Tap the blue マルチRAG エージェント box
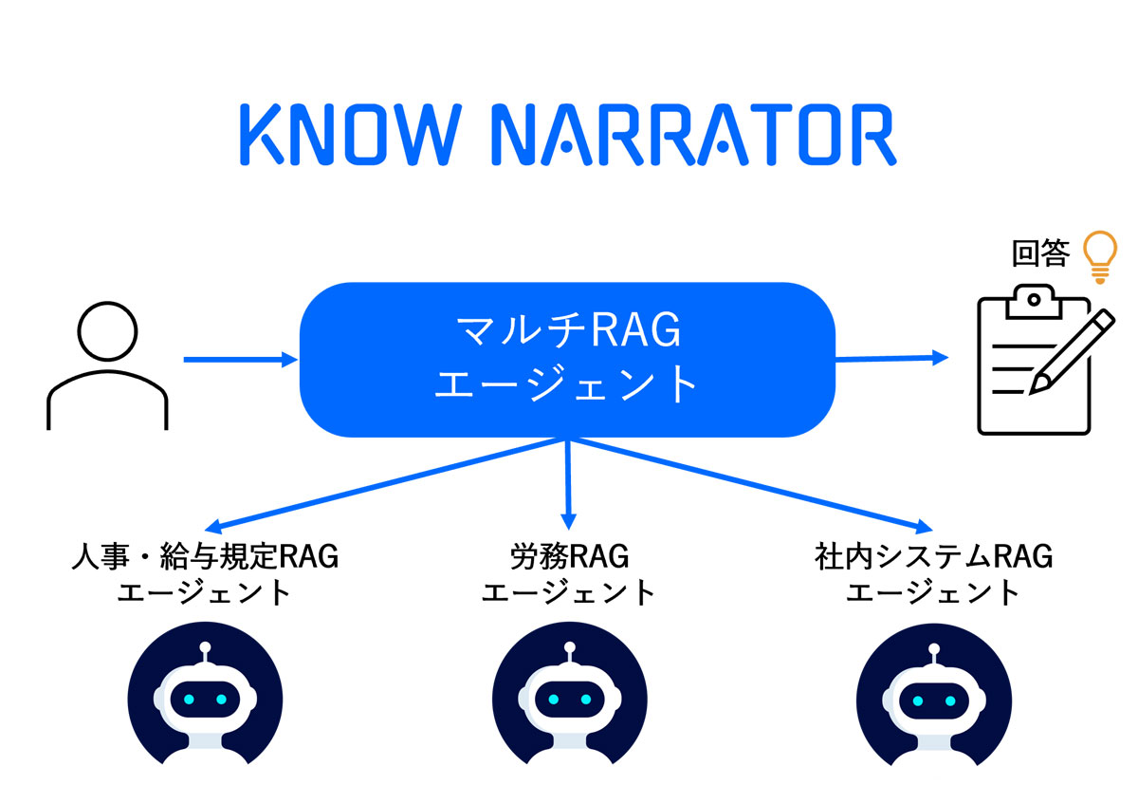(x=567, y=360)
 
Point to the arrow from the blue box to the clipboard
(x=891, y=358)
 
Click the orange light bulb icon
(x=1100, y=254)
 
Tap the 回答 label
(x=1040, y=254)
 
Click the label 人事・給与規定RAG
(x=205, y=556)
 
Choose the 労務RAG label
(x=569, y=556)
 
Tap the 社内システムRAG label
(x=933, y=556)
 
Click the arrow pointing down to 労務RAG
(x=568, y=484)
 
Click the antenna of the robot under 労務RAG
(x=569, y=653)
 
